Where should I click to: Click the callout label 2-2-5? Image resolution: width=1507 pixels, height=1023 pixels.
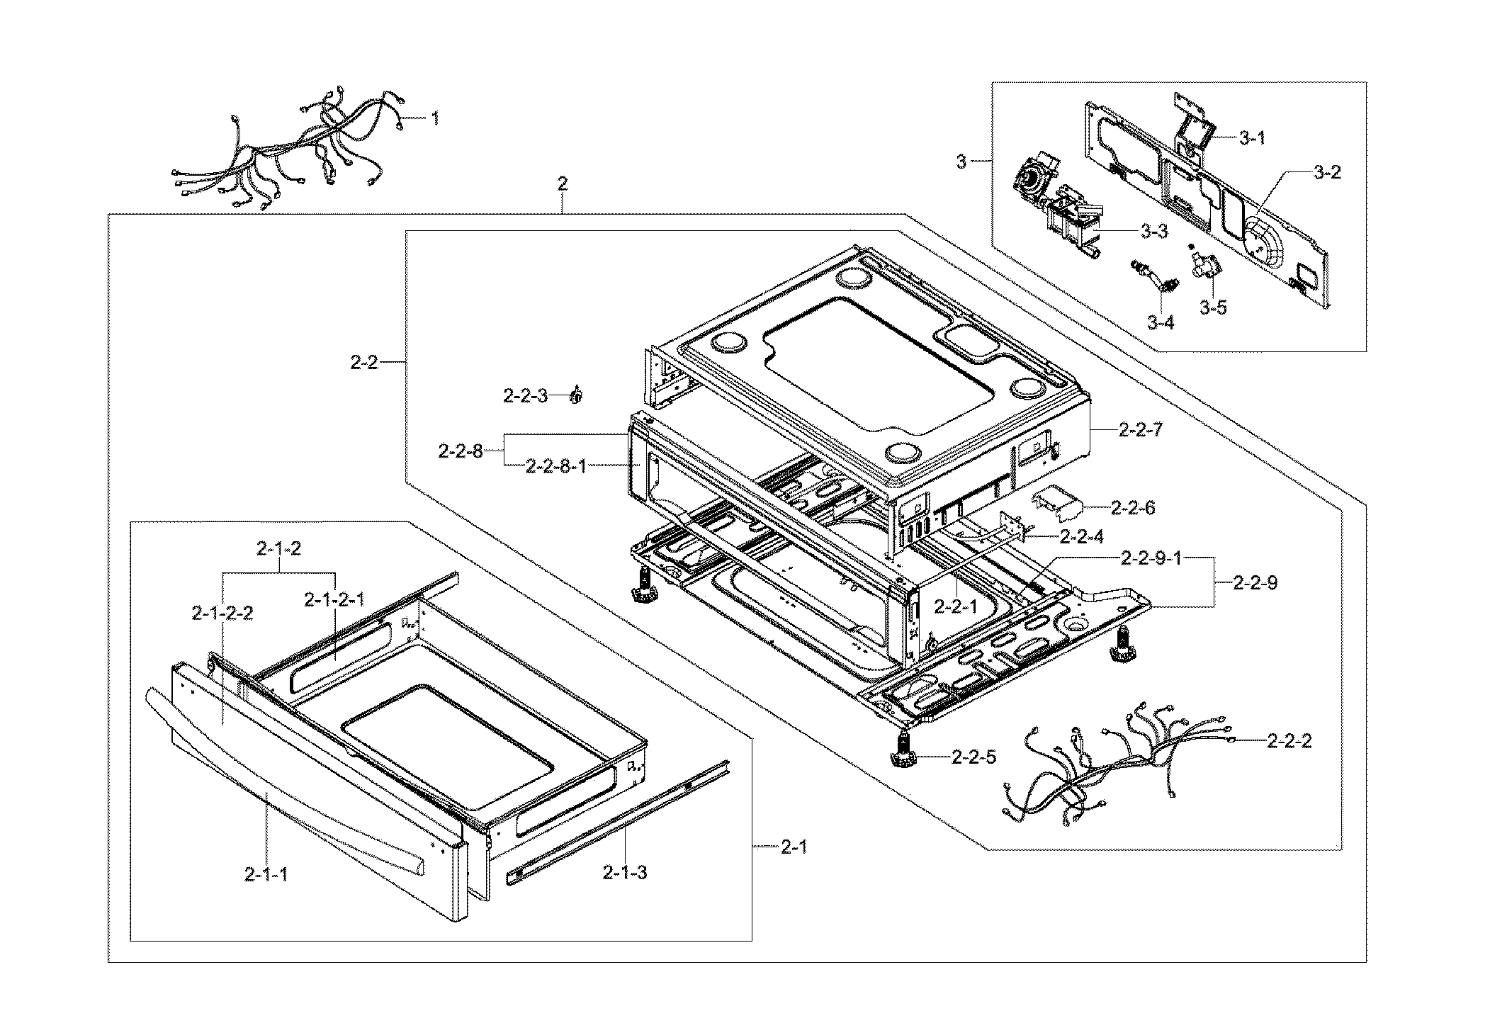click(973, 757)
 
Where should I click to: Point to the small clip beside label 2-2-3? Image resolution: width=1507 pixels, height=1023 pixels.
click(577, 395)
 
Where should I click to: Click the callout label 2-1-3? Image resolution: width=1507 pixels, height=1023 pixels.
click(624, 872)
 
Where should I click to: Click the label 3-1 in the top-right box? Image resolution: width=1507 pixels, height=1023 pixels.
click(1252, 138)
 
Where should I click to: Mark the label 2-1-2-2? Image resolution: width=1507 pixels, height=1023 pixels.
click(222, 613)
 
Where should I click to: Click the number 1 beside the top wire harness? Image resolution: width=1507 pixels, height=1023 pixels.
click(434, 118)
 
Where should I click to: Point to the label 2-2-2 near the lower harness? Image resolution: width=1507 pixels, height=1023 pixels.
click(1289, 741)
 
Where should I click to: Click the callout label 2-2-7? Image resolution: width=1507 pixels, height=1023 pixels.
click(1140, 429)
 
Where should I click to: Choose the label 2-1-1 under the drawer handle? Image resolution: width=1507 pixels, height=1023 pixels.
click(266, 875)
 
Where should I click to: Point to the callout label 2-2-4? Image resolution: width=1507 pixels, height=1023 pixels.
click(1081, 536)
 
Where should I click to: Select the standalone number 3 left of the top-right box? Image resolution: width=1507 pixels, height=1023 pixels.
click(961, 162)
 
